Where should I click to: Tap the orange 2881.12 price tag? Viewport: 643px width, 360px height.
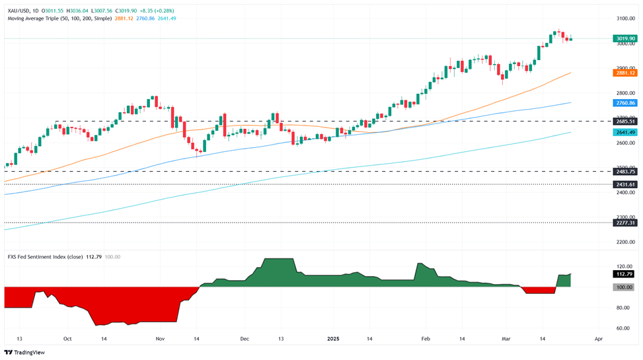(x=624, y=73)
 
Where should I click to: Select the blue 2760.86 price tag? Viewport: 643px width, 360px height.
(x=624, y=103)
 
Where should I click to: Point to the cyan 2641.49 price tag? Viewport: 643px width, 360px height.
(x=624, y=132)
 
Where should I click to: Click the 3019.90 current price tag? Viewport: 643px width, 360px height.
(x=624, y=39)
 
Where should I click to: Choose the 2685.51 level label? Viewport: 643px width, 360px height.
(x=624, y=122)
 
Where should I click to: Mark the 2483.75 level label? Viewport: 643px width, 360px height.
(x=624, y=171)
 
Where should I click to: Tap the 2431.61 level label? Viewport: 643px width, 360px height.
(x=624, y=184)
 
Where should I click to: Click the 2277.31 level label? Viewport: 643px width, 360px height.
(x=624, y=223)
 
